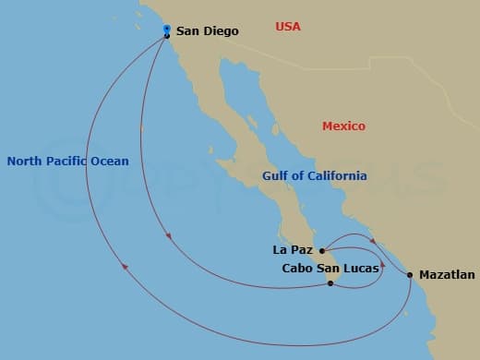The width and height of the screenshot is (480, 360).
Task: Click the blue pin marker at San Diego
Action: tap(166, 30)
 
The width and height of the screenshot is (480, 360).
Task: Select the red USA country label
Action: tap(288, 27)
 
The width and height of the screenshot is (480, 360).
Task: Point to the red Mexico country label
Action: tap(343, 126)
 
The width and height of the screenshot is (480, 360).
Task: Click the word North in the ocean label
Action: tap(24, 162)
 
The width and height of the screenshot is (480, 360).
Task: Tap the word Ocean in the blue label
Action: tap(110, 162)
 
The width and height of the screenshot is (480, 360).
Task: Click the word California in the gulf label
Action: tap(336, 176)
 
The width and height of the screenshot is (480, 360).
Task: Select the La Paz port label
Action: tap(294, 250)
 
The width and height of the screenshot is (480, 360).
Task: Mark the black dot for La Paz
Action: tap(321, 250)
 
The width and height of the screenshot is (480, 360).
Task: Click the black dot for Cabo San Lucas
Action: tap(330, 283)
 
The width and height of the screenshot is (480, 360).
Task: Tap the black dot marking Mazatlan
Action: tap(410, 275)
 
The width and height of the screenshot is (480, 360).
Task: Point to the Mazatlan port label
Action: tap(447, 275)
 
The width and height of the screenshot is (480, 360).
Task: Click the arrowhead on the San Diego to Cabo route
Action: tap(168, 237)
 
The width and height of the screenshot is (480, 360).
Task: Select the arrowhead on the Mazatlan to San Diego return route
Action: tap(124, 269)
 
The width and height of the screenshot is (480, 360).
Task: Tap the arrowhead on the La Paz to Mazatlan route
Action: tap(382, 242)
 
